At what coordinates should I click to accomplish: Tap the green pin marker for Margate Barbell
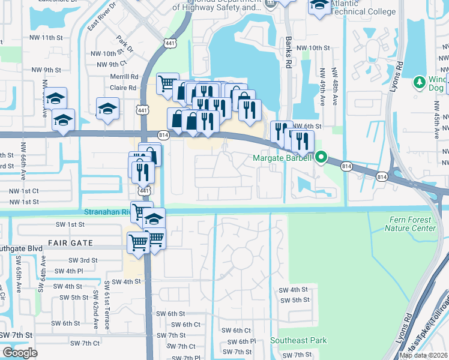(321, 158)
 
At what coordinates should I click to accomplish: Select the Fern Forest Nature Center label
(409, 224)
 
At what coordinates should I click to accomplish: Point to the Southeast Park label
(298, 340)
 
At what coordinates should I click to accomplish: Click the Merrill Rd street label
(124, 77)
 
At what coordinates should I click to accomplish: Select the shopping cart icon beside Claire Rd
(167, 83)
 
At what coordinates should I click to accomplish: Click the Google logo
(20, 352)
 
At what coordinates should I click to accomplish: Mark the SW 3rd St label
(83, 260)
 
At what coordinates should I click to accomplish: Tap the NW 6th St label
(307, 127)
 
